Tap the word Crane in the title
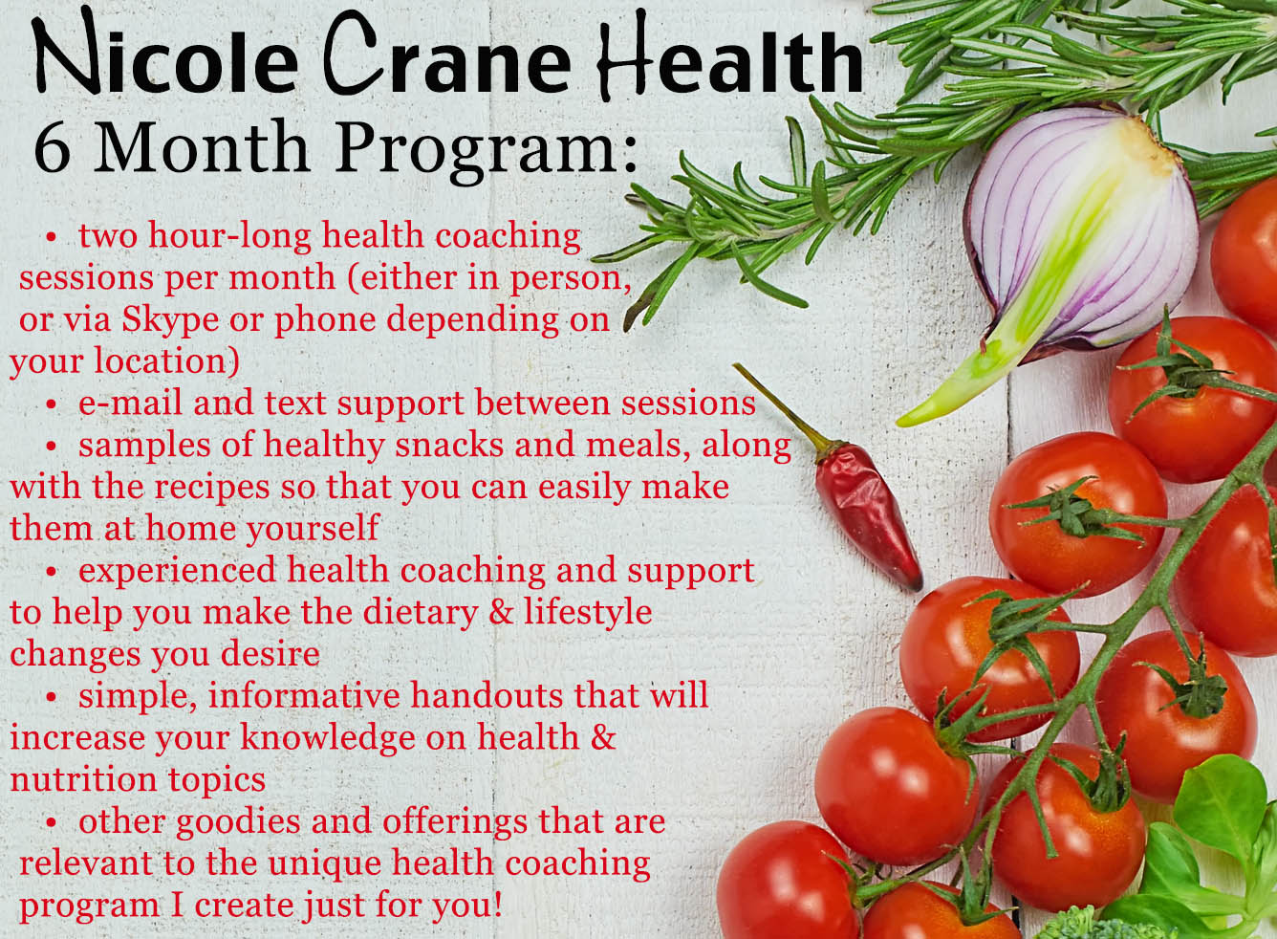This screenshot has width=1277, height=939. point(445,58)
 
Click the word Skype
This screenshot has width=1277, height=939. point(170,321)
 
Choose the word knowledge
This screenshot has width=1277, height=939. point(327,740)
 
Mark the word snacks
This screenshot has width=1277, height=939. point(450,445)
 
